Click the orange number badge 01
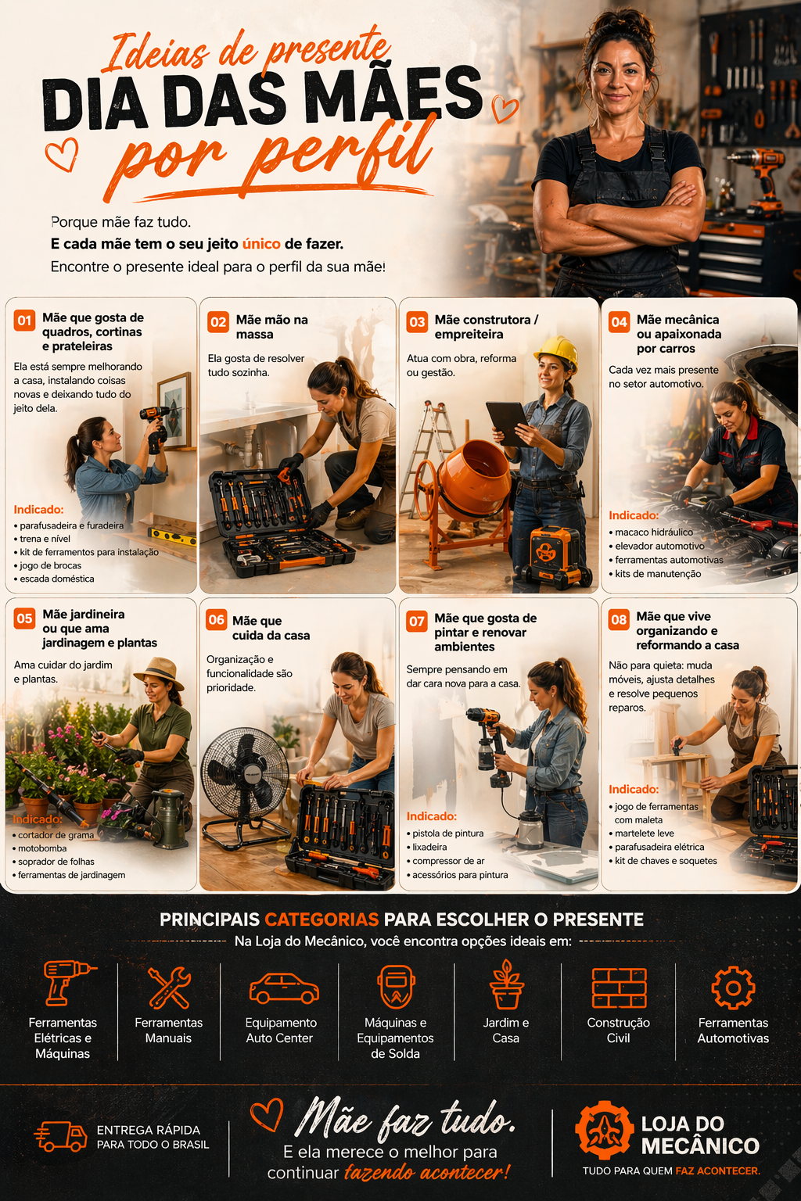(x=24, y=321)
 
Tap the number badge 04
(x=620, y=322)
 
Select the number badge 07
(x=417, y=622)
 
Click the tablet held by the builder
(x=507, y=422)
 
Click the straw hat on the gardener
(x=160, y=672)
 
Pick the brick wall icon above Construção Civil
(x=619, y=988)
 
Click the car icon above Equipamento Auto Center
(x=283, y=988)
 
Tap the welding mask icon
(x=395, y=987)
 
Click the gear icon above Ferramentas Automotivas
(x=733, y=988)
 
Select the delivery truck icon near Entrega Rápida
(x=61, y=1136)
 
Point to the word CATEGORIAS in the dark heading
(x=321, y=920)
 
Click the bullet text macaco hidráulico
(x=653, y=532)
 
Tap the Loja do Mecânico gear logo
(x=604, y=1131)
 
